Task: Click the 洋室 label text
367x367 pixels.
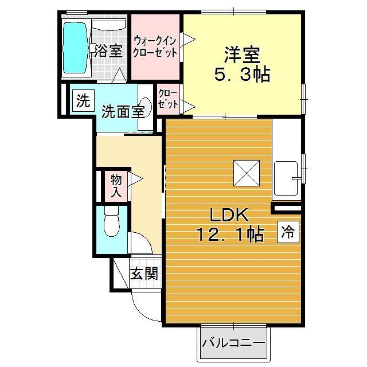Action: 241,56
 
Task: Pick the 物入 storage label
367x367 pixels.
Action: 116,185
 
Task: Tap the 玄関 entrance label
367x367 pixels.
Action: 143,274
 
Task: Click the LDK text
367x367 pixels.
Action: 228,216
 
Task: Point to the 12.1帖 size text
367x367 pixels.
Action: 229,235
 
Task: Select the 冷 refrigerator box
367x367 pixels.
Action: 288,232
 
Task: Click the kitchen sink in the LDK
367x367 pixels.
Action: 286,178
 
